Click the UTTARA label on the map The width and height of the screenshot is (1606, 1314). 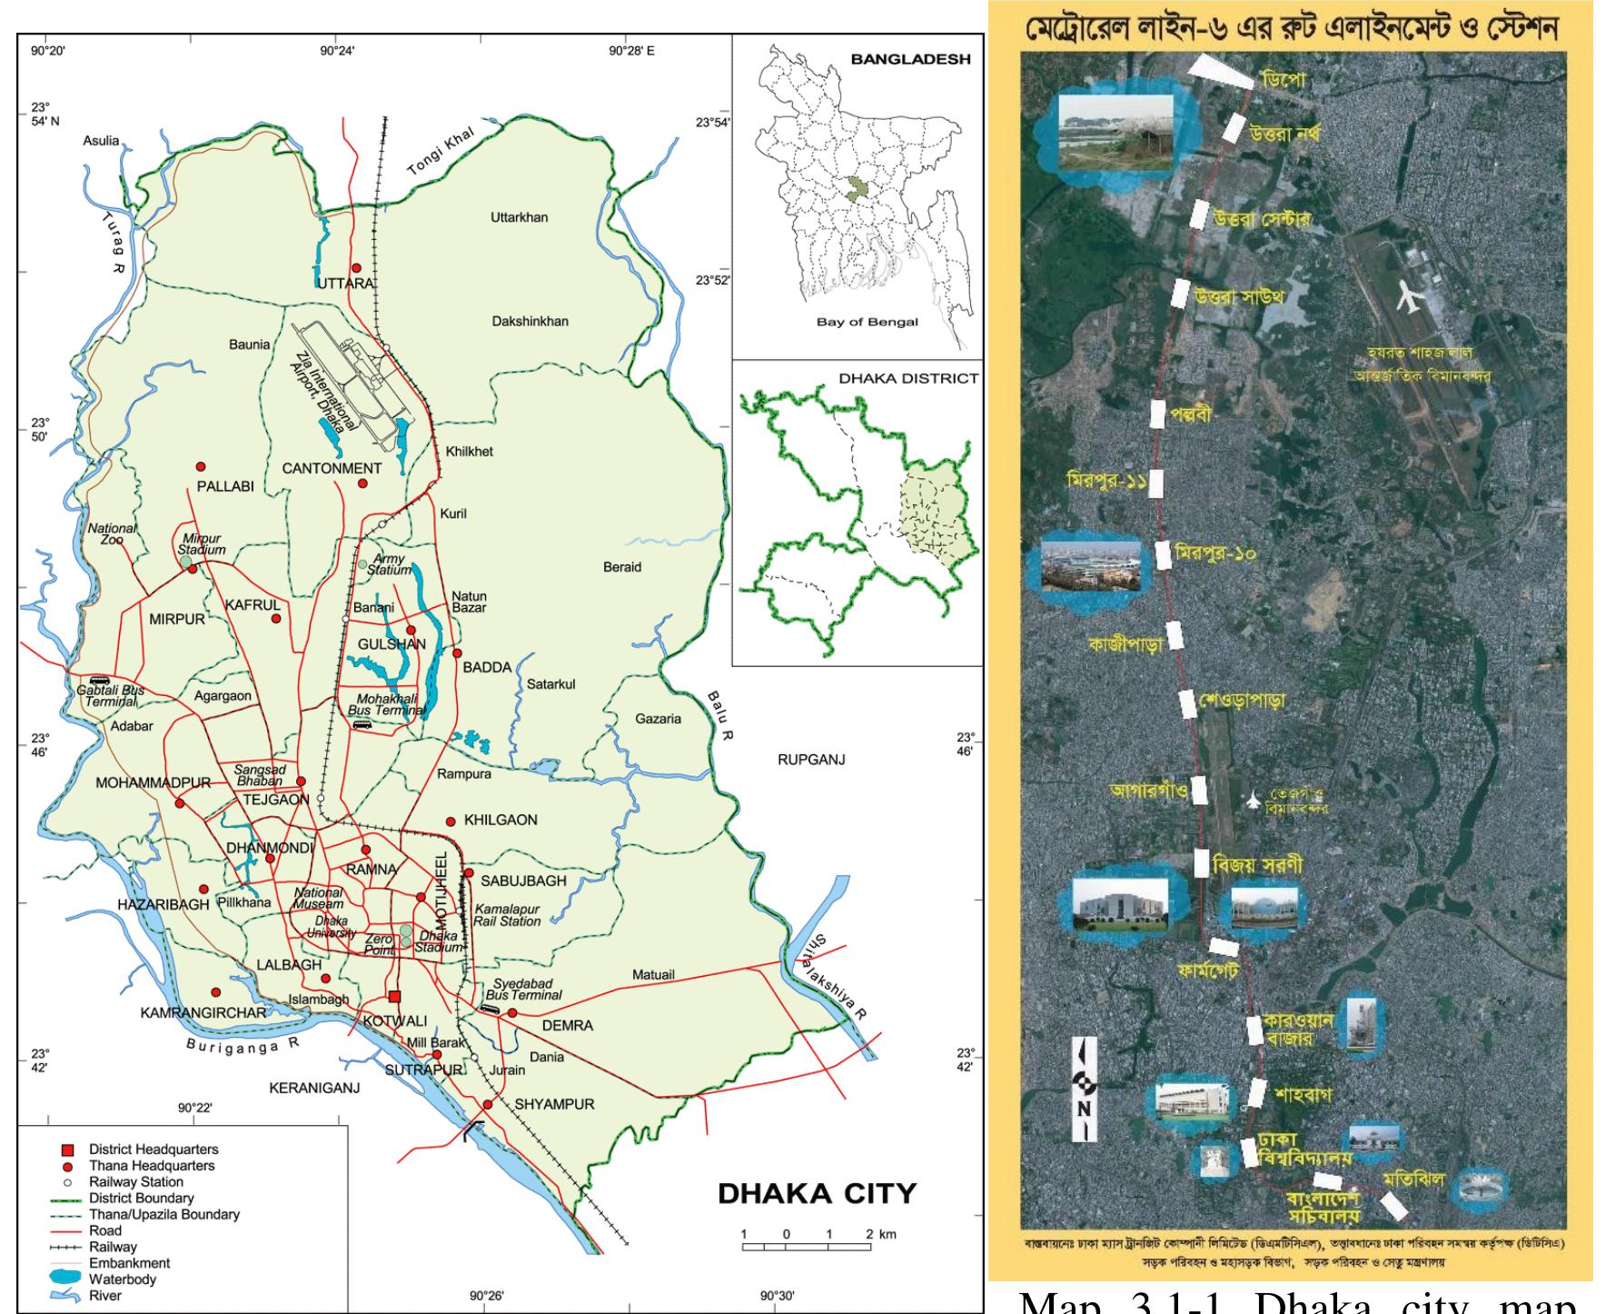(346, 284)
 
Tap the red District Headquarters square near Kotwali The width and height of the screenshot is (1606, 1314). (393, 995)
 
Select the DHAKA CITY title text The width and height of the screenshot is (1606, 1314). (817, 1193)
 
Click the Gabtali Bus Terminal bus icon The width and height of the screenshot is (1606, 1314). (99, 680)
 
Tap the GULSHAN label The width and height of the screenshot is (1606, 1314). (392, 644)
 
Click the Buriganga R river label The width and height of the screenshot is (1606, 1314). (242, 1044)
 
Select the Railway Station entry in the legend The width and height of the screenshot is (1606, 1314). (135, 1182)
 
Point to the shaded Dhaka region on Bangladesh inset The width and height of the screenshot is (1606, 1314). (855, 189)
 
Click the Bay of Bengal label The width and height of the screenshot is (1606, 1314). (867, 322)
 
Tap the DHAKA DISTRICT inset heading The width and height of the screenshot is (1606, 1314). (907, 378)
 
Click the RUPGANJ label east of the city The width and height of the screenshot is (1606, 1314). (811, 760)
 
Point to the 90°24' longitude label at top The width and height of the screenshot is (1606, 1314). (337, 51)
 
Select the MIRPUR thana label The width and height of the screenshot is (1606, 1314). (177, 620)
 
